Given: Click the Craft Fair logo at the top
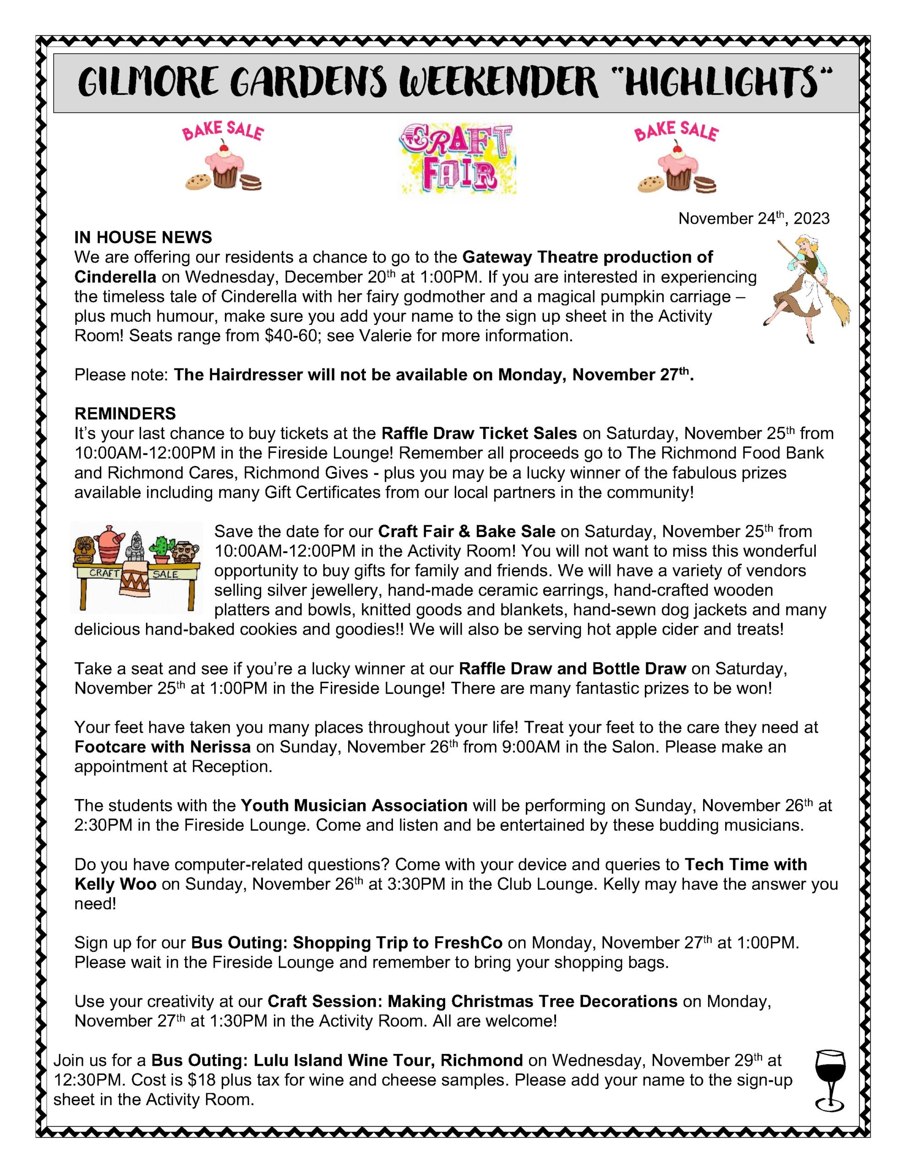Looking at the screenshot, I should coord(458,159).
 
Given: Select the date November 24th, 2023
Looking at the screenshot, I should coord(753,219).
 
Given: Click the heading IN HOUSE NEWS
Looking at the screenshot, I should coord(143,237).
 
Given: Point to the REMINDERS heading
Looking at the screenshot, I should coord(125,414).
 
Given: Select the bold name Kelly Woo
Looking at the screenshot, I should coord(115,884).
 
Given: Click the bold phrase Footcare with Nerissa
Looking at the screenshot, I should coord(162,746).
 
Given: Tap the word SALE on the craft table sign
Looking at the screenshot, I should coord(165,574).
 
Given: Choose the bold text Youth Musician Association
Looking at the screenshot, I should coord(354,806).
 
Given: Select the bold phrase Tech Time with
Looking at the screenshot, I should coord(745,864).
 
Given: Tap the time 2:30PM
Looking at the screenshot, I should coord(103,825).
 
